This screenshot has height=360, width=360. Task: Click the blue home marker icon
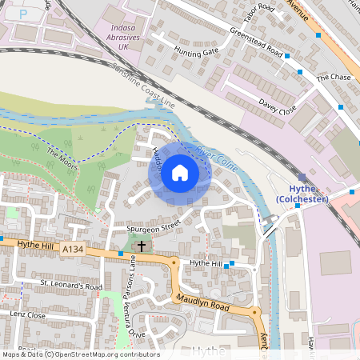pyautogui.click(x=180, y=173)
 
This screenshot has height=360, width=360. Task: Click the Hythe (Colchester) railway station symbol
pyautogui.click(x=302, y=178)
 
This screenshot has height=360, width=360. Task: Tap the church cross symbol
pyautogui.click(x=142, y=246)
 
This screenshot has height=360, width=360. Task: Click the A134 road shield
pyautogui.click(x=71, y=250)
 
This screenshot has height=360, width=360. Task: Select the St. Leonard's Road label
pyautogui.click(x=72, y=285)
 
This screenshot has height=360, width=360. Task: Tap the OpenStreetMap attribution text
pyautogui.click(x=80, y=354)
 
